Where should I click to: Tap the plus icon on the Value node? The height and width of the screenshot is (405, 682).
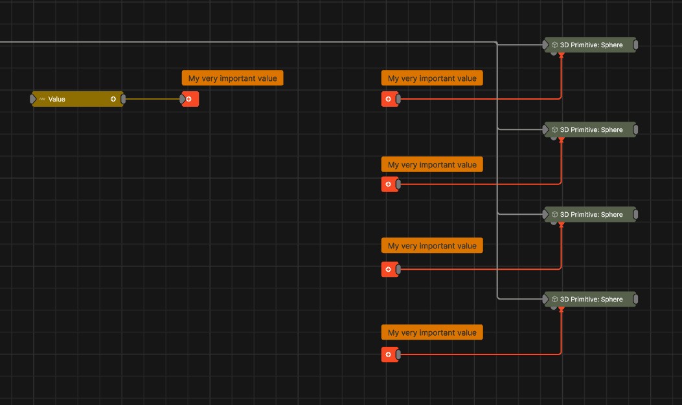113,99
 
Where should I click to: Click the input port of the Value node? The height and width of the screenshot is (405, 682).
33,99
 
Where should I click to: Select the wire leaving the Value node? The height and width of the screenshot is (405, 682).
152,99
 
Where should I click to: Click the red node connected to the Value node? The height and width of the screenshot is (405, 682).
190,99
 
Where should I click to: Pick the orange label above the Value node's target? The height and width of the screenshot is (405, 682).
233,78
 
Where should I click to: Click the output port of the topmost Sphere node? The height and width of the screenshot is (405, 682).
636,45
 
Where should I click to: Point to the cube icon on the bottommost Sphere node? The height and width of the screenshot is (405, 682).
555,299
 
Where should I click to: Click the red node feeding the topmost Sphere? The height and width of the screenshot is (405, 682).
389,99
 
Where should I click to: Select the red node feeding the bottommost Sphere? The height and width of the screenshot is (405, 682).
389,355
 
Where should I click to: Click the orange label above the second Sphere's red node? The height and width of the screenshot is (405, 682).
432,164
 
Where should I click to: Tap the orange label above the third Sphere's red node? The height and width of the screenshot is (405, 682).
432,246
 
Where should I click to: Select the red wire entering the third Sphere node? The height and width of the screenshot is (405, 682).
479,268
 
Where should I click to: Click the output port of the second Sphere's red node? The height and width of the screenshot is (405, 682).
398,184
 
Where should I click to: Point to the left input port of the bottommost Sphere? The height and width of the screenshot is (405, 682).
545,299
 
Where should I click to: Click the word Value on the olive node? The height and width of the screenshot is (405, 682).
57,99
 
